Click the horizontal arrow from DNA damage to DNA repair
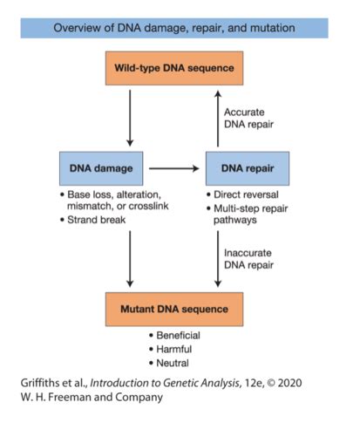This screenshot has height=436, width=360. (174, 167)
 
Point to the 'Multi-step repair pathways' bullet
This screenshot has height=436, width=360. (253, 215)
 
